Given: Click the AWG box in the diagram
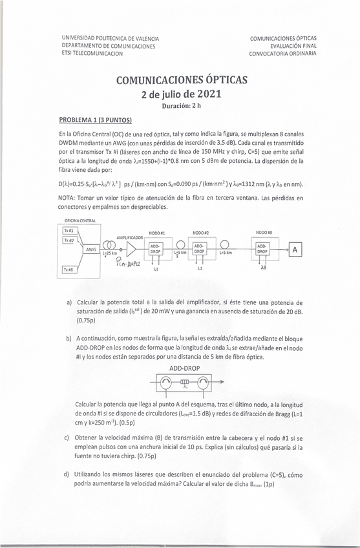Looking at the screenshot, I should [x=90, y=249].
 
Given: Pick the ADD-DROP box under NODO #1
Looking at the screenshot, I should [x=156, y=249].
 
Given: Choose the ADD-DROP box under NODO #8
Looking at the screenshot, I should [x=262, y=249].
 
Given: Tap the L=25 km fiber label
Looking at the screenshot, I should [x=111, y=254].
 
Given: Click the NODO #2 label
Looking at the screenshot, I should [x=200, y=232].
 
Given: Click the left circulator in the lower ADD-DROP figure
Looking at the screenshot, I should [x=167, y=383].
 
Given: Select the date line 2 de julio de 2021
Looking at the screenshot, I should [x=181, y=94].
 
